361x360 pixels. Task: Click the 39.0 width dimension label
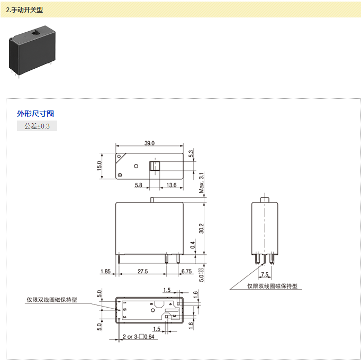[149, 143]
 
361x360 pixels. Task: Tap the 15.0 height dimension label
[99, 166]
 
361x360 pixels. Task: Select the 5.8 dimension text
[139, 185]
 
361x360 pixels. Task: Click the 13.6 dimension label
[172, 185]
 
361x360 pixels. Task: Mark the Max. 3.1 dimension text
[201, 183]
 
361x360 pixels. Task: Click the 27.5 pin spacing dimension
[142, 271]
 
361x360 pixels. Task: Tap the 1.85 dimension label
[105, 271]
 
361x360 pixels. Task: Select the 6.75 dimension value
[187, 271]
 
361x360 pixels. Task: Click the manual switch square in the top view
[154, 166]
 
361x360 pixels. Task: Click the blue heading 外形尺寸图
[35, 113]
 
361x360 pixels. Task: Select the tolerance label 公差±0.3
[37, 126]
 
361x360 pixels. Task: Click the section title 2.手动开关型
[24, 10]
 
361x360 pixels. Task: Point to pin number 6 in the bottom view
[151, 304]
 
